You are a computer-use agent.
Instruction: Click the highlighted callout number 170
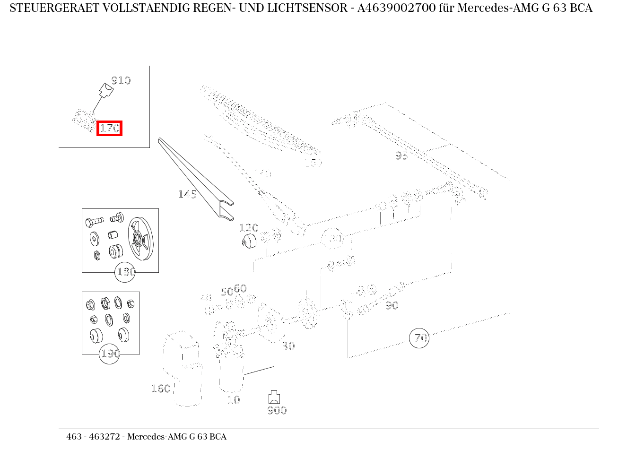[109, 128]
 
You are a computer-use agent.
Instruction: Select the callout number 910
[121, 80]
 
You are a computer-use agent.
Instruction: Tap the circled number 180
[125, 272]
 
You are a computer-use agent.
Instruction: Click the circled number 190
[109, 354]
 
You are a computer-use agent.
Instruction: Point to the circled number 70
[419, 338]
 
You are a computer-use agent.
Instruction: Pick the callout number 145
[187, 194]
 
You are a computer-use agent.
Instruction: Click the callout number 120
[249, 228]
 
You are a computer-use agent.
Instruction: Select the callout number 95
[401, 155]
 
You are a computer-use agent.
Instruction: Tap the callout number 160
[160, 389]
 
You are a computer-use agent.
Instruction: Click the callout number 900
[277, 410]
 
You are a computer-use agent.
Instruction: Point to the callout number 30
[288, 346]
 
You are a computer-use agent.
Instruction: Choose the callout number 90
[392, 306]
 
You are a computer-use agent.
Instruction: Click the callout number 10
[234, 400]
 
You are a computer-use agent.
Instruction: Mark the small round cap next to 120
[247, 241]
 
